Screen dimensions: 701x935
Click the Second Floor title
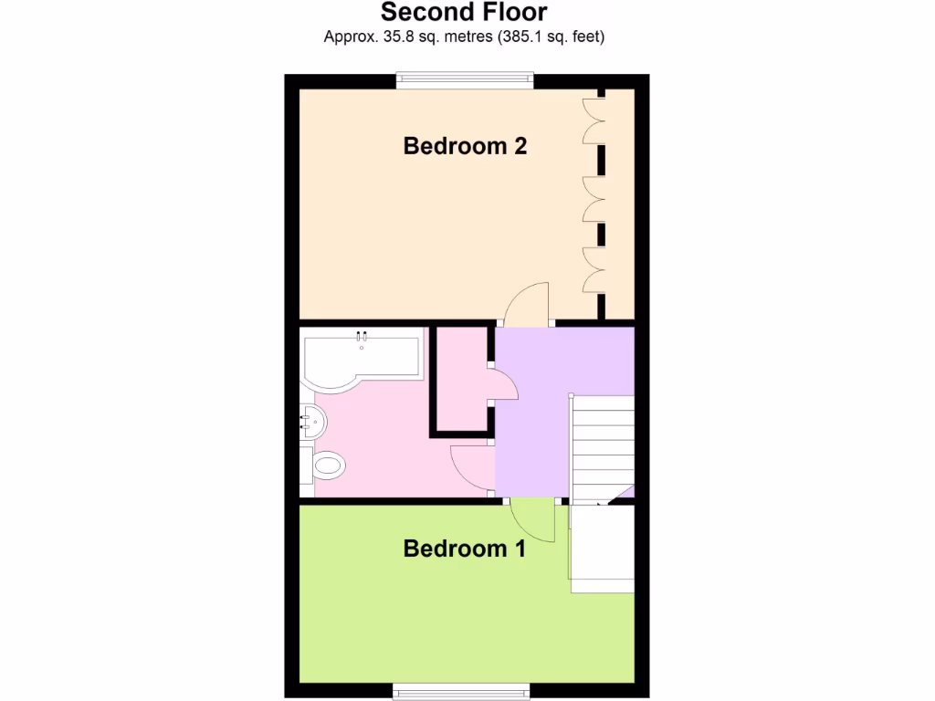click(464, 13)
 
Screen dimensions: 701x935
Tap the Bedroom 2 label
click(465, 146)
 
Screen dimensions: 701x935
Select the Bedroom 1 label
click(465, 549)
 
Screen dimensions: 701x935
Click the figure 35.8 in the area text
click(383, 37)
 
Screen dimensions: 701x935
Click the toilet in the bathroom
click(326, 466)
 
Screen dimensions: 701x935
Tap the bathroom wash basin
click(311, 421)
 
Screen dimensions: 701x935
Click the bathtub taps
click(362, 337)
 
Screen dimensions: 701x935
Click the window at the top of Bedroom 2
click(465, 81)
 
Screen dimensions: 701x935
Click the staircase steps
click(603, 447)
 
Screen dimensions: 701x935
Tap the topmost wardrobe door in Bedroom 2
click(593, 119)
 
